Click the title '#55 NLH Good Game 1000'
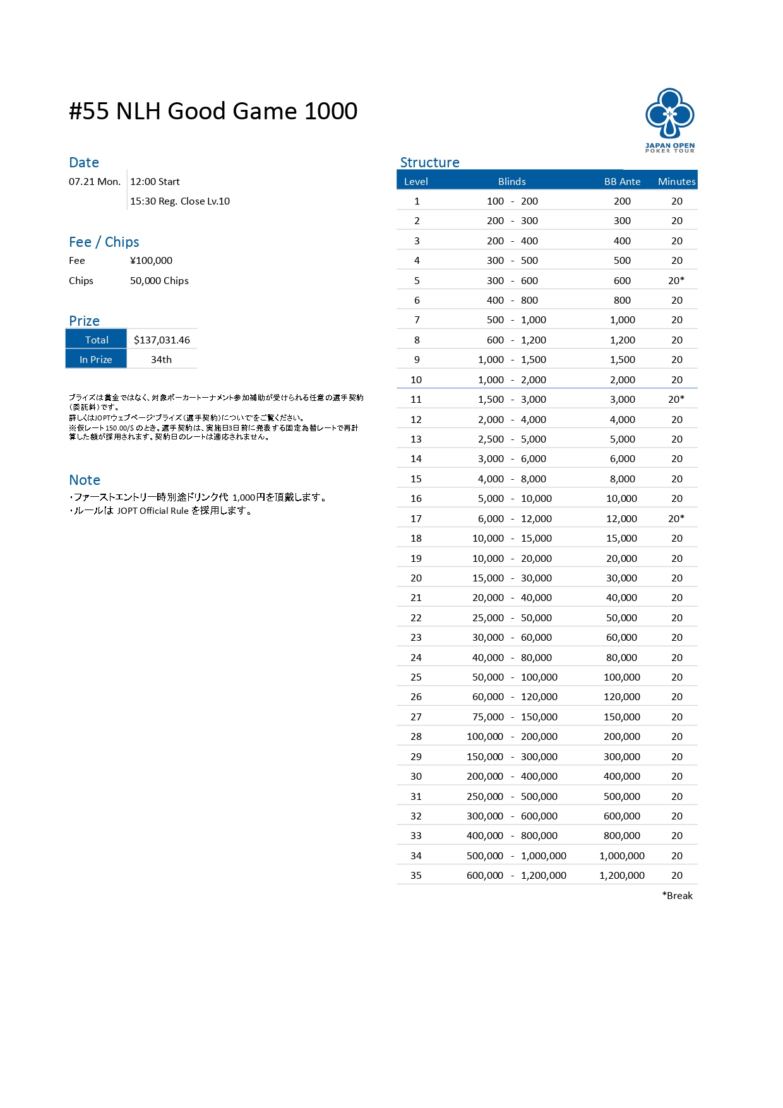tap(213, 111)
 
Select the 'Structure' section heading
tap(429, 162)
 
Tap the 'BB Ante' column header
tap(622, 181)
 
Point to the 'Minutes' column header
tap(676, 181)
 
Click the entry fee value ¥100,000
tap(151, 260)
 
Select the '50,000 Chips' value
tap(159, 280)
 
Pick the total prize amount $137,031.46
tap(162, 340)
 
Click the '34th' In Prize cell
tap(161, 359)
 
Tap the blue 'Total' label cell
tap(97, 340)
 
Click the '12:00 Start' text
tap(155, 181)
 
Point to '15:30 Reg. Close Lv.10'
tap(180, 201)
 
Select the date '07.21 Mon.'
tap(95, 181)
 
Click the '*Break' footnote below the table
tap(677, 895)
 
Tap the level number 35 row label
tap(416, 875)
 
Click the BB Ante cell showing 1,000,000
tap(622, 855)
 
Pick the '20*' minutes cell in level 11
tap(676, 399)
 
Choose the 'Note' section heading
tap(85, 480)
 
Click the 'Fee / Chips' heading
tap(104, 242)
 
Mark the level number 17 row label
tap(416, 518)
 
